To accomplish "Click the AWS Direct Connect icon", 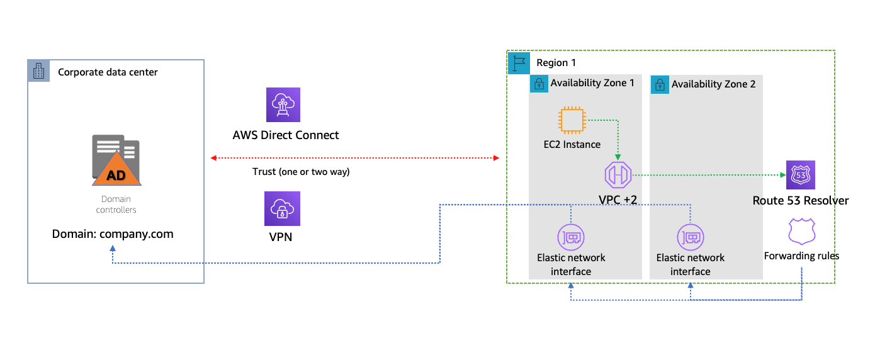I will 283,104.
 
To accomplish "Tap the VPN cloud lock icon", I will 283,208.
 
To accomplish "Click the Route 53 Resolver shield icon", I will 801,174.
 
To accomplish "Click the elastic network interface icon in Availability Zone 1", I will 570,237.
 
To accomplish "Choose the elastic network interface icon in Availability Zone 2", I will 690,237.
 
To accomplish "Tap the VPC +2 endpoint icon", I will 618,174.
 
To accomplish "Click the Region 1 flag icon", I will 518,62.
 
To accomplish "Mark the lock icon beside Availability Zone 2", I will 659,84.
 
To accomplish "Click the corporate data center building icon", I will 38,71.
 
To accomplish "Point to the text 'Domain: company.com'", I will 113,234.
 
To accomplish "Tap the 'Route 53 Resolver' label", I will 801,201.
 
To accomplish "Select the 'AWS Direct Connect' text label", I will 286,135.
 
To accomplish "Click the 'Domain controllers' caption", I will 116,205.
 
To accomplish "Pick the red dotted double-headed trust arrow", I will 354,157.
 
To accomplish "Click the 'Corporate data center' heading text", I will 108,72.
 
